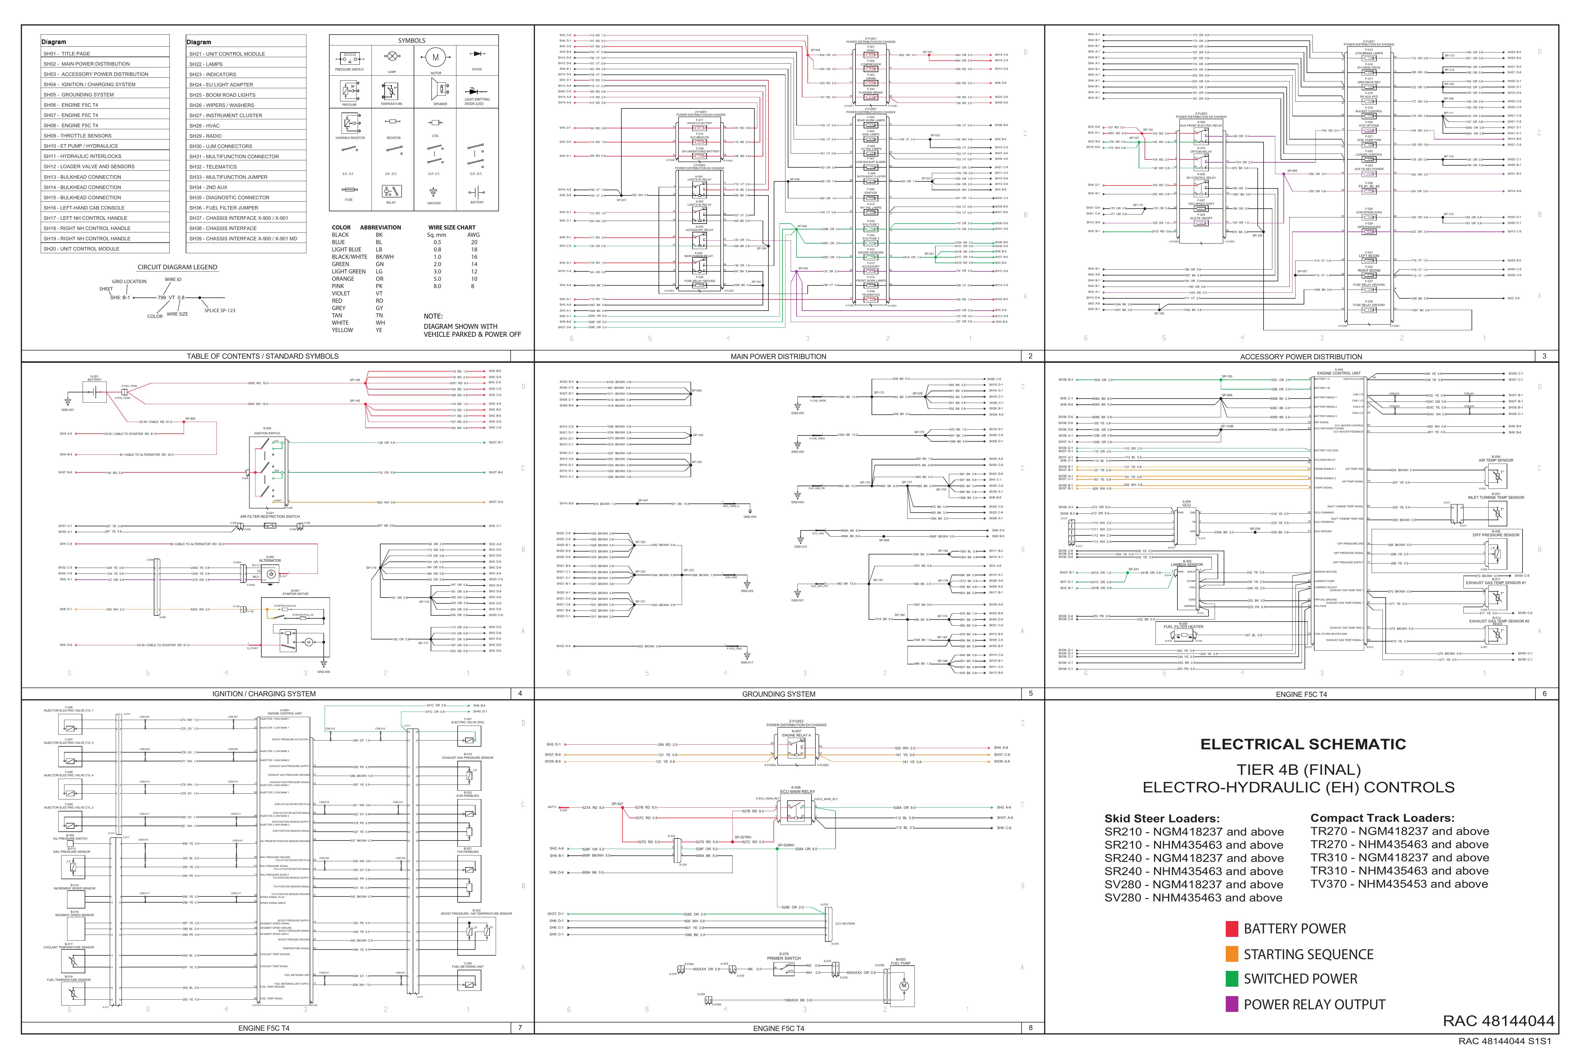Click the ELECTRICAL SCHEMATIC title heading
pos(1303,744)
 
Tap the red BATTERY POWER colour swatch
pos(1232,929)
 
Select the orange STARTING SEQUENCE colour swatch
pos(1232,954)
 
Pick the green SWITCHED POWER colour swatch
pos(1232,979)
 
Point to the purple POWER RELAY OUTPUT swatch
pos(1232,1005)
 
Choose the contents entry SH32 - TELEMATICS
pos(213,167)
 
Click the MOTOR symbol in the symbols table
pos(435,58)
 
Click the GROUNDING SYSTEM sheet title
pos(778,694)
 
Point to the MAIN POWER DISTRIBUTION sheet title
pos(778,357)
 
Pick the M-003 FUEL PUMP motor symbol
pos(903,986)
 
